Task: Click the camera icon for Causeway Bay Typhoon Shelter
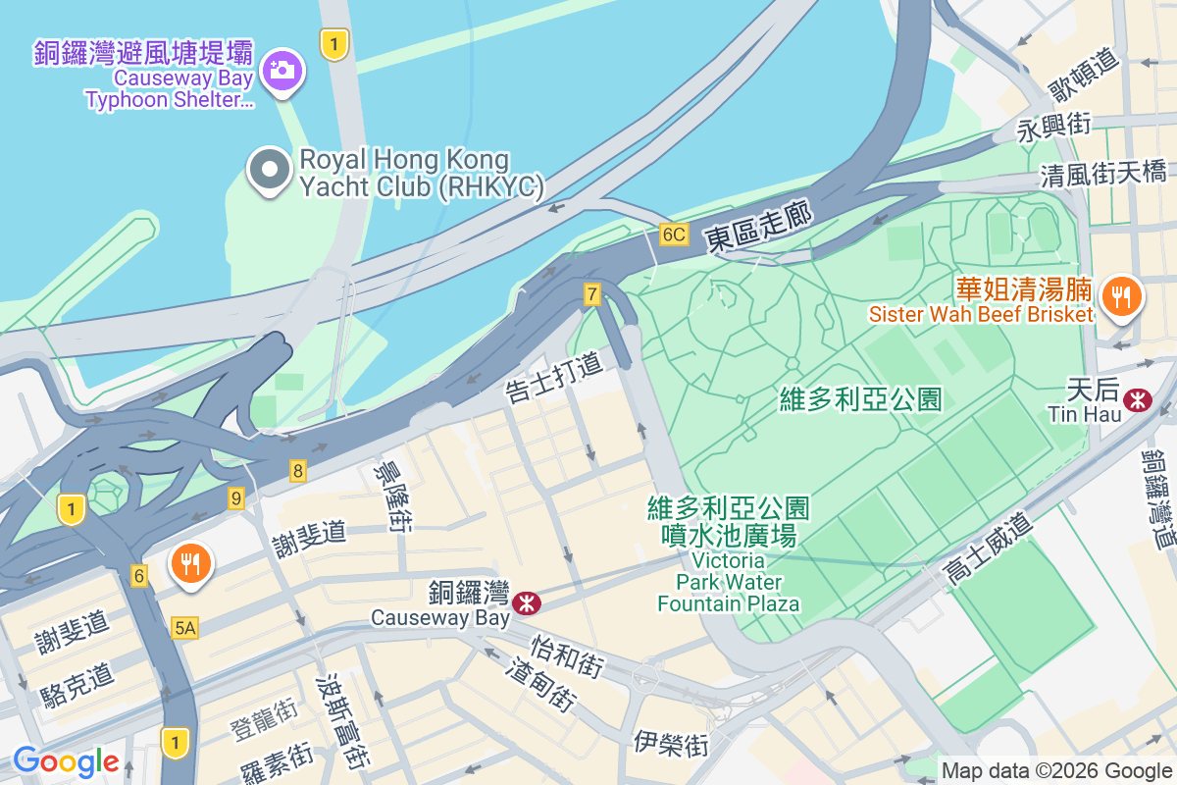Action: point(281,70)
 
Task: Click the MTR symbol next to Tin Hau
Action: point(1138,400)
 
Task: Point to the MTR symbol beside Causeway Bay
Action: point(527,602)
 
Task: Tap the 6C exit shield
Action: point(674,235)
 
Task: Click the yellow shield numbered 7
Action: point(591,293)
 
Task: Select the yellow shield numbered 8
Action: point(298,471)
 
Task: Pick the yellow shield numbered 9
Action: point(235,498)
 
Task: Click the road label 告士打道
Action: point(554,378)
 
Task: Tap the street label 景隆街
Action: point(385,496)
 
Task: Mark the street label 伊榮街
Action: point(671,743)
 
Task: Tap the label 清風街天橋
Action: point(1103,175)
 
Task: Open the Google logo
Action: point(66,761)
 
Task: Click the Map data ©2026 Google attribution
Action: point(1056,771)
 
